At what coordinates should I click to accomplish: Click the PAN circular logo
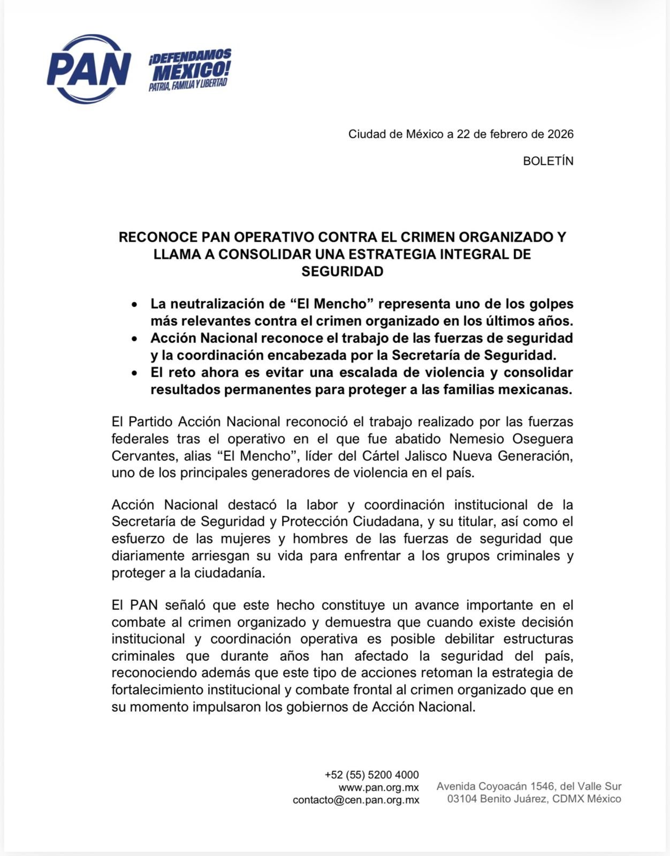[89, 69]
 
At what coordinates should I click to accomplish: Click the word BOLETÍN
[548, 161]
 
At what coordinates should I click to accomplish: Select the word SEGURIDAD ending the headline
[342, 271]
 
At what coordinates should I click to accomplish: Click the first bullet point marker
[134, 304]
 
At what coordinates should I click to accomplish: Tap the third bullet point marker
[134, 373]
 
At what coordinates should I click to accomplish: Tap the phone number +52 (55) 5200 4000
[371, 775]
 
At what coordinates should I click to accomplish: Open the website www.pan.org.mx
[378, 788]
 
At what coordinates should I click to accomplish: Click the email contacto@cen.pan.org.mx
[356, 800]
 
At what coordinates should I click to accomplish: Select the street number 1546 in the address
[543, 786]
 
